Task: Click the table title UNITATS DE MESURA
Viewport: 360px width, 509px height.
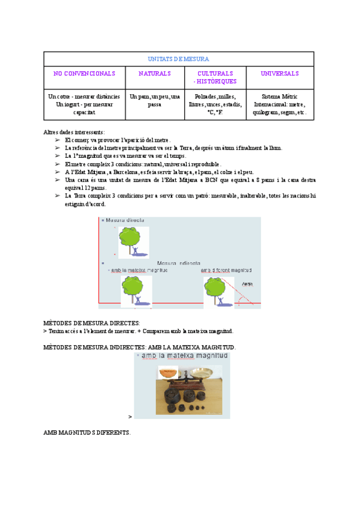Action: click(x=178, y=59)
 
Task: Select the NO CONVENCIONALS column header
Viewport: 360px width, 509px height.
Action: click(x=84, y=73)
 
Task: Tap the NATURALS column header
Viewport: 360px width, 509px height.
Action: click(x=154, y=73)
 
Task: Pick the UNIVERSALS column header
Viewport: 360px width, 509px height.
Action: click(x=280, y=73)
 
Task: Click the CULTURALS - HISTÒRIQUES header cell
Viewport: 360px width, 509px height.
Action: click(x=215, y=77)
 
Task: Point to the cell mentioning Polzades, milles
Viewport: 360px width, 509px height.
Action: click(x=215, y=104)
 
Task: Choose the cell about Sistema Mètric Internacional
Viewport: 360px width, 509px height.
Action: click(x=280, y=104)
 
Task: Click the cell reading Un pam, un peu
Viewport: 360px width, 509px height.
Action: click(x=154, y=100)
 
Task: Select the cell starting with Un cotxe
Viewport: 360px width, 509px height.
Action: click(x=84, y=104)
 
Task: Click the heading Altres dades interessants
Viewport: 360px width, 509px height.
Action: click(x=74, y=132)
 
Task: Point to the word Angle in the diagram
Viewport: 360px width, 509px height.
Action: click(x=247, y=284)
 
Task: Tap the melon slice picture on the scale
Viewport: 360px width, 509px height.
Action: click(x=168, y=373)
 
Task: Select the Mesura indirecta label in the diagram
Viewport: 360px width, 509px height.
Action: click(x=179, y=263)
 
